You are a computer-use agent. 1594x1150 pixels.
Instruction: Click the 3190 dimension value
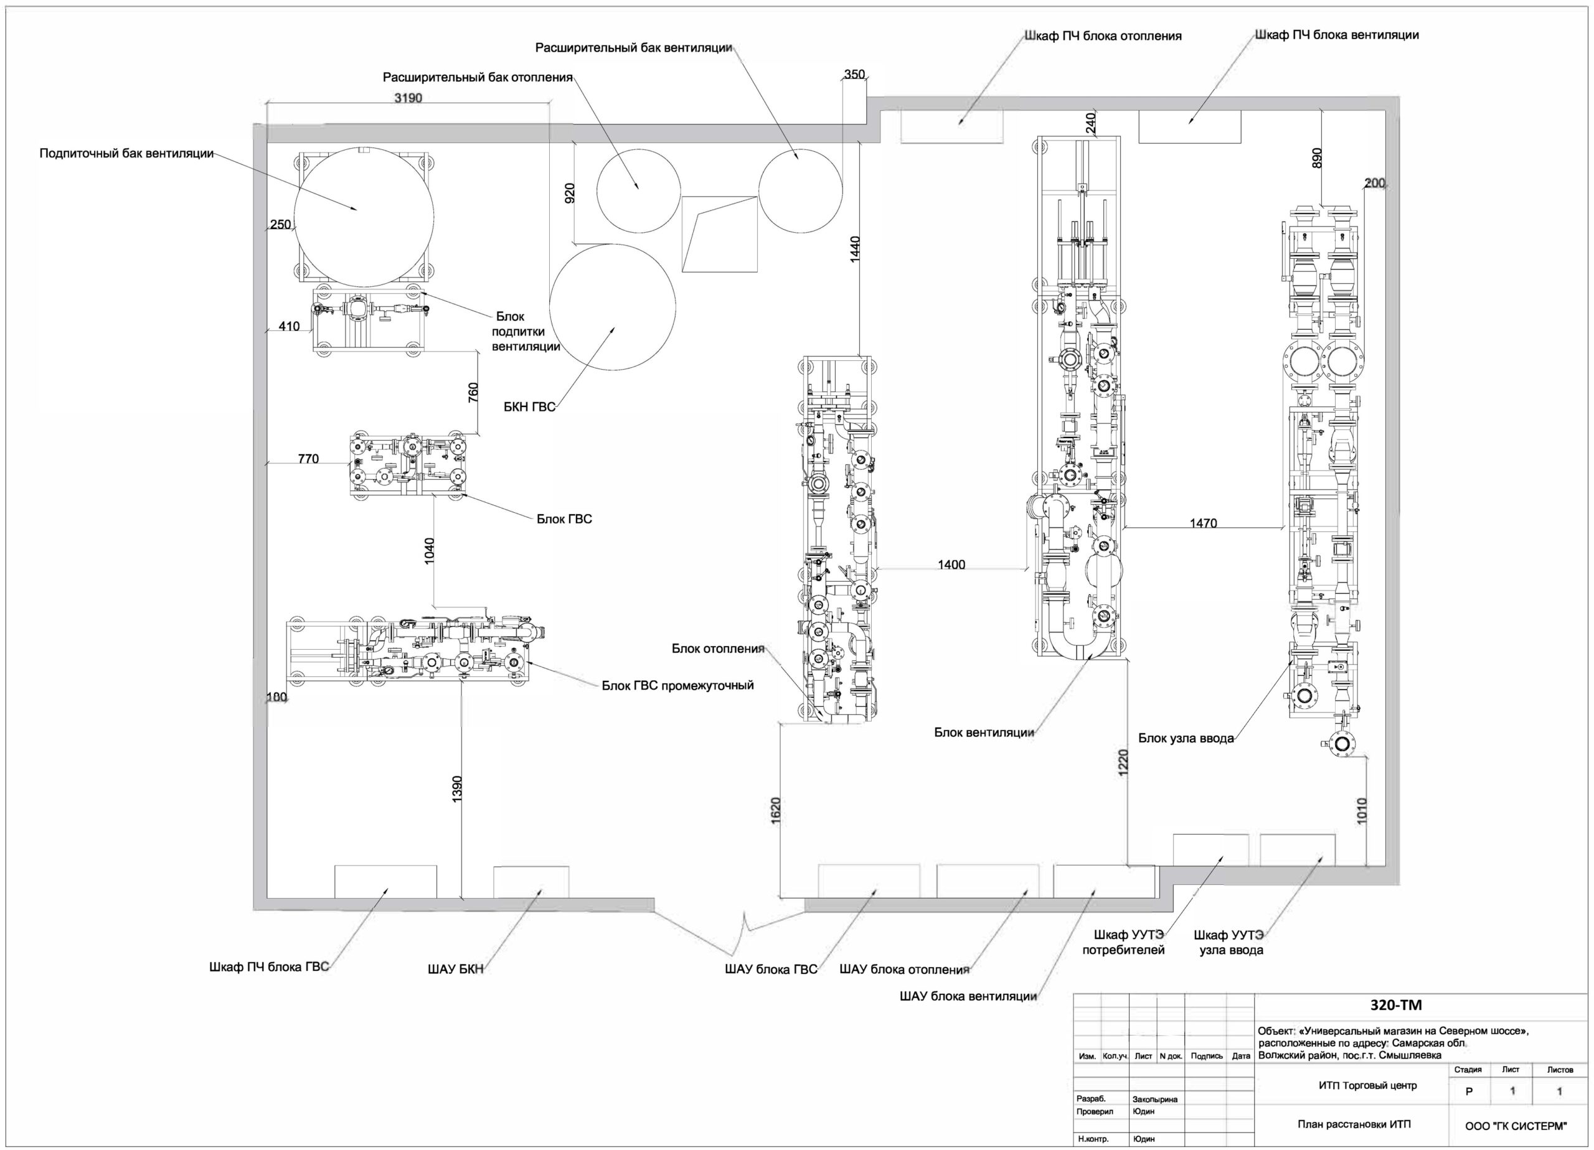[x=408, y=98]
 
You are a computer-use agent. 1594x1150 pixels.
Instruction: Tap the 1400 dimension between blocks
[x=951, y=564]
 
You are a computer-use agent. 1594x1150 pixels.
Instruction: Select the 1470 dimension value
[x=1203, y=523]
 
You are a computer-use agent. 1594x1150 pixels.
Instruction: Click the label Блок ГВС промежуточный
[x=677, y=685]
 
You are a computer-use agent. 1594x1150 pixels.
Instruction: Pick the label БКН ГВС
[x=529, y=407]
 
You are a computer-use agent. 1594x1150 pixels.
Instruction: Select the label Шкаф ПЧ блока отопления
[x=1103, y=36]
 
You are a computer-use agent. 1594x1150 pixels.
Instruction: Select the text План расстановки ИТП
[x=1354, y=1124]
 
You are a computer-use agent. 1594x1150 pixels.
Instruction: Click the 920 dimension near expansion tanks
[x=569, y=193]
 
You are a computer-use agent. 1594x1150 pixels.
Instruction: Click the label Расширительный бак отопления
[x=478, y=77]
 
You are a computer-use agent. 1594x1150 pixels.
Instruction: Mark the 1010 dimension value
[x=1362, y=811]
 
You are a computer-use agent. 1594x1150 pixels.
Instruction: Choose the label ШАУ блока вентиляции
[x=968, y=996]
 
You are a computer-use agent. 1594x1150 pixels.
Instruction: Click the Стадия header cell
[x=1468, y=1070]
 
